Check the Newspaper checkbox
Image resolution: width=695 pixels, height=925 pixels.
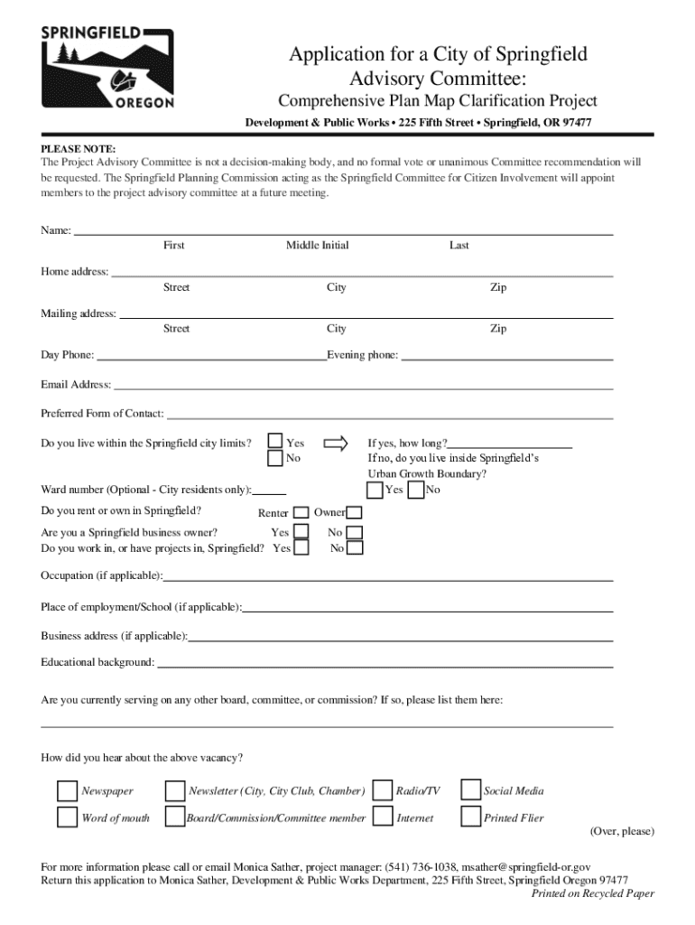(x=68, y=790)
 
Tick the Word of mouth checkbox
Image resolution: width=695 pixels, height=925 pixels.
(x=68, y=818)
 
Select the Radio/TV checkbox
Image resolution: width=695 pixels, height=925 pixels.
(x=383, y=790)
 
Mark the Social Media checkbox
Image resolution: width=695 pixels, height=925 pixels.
(x=469, y=790)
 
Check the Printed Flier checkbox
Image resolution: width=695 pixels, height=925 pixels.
(x=469, y=818)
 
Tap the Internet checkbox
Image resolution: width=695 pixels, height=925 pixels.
(x=383, y=818)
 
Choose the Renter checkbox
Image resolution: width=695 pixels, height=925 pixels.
(x=301, y=513)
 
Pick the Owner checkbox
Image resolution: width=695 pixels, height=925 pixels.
(x=354, y=513)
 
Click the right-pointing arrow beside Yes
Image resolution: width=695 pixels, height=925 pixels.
(x=335, y=443)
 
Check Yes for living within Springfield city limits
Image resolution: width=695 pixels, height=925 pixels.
(x=275, y=442)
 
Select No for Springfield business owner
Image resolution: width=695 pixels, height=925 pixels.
(x=355, y=533)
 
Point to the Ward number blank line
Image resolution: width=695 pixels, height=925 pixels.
(x=270, y=494)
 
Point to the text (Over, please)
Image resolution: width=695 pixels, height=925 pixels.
(x=622, y=831)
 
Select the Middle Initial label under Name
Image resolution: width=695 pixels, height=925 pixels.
(x=317, y=246)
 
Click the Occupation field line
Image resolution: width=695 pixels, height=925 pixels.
(x=388, y=580)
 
